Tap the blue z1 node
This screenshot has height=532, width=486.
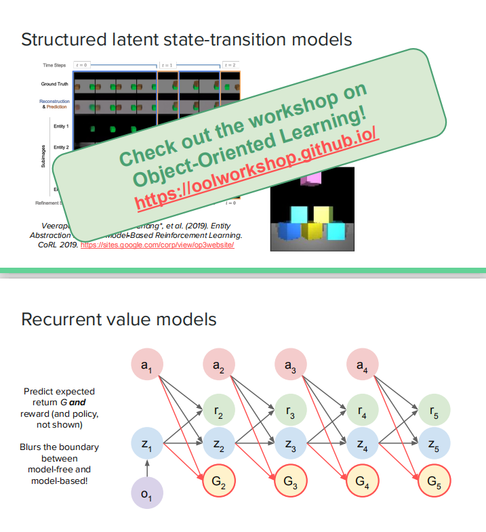tap(146, 445)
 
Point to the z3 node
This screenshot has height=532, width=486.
tap(291, 445)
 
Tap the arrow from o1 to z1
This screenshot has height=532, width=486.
tap(146, 469)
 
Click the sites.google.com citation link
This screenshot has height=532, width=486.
tap(157, 245)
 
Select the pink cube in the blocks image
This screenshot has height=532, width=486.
tap(312, 178)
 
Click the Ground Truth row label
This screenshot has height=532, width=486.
tap(54, 84)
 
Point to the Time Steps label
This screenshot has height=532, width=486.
tap(54, 65)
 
